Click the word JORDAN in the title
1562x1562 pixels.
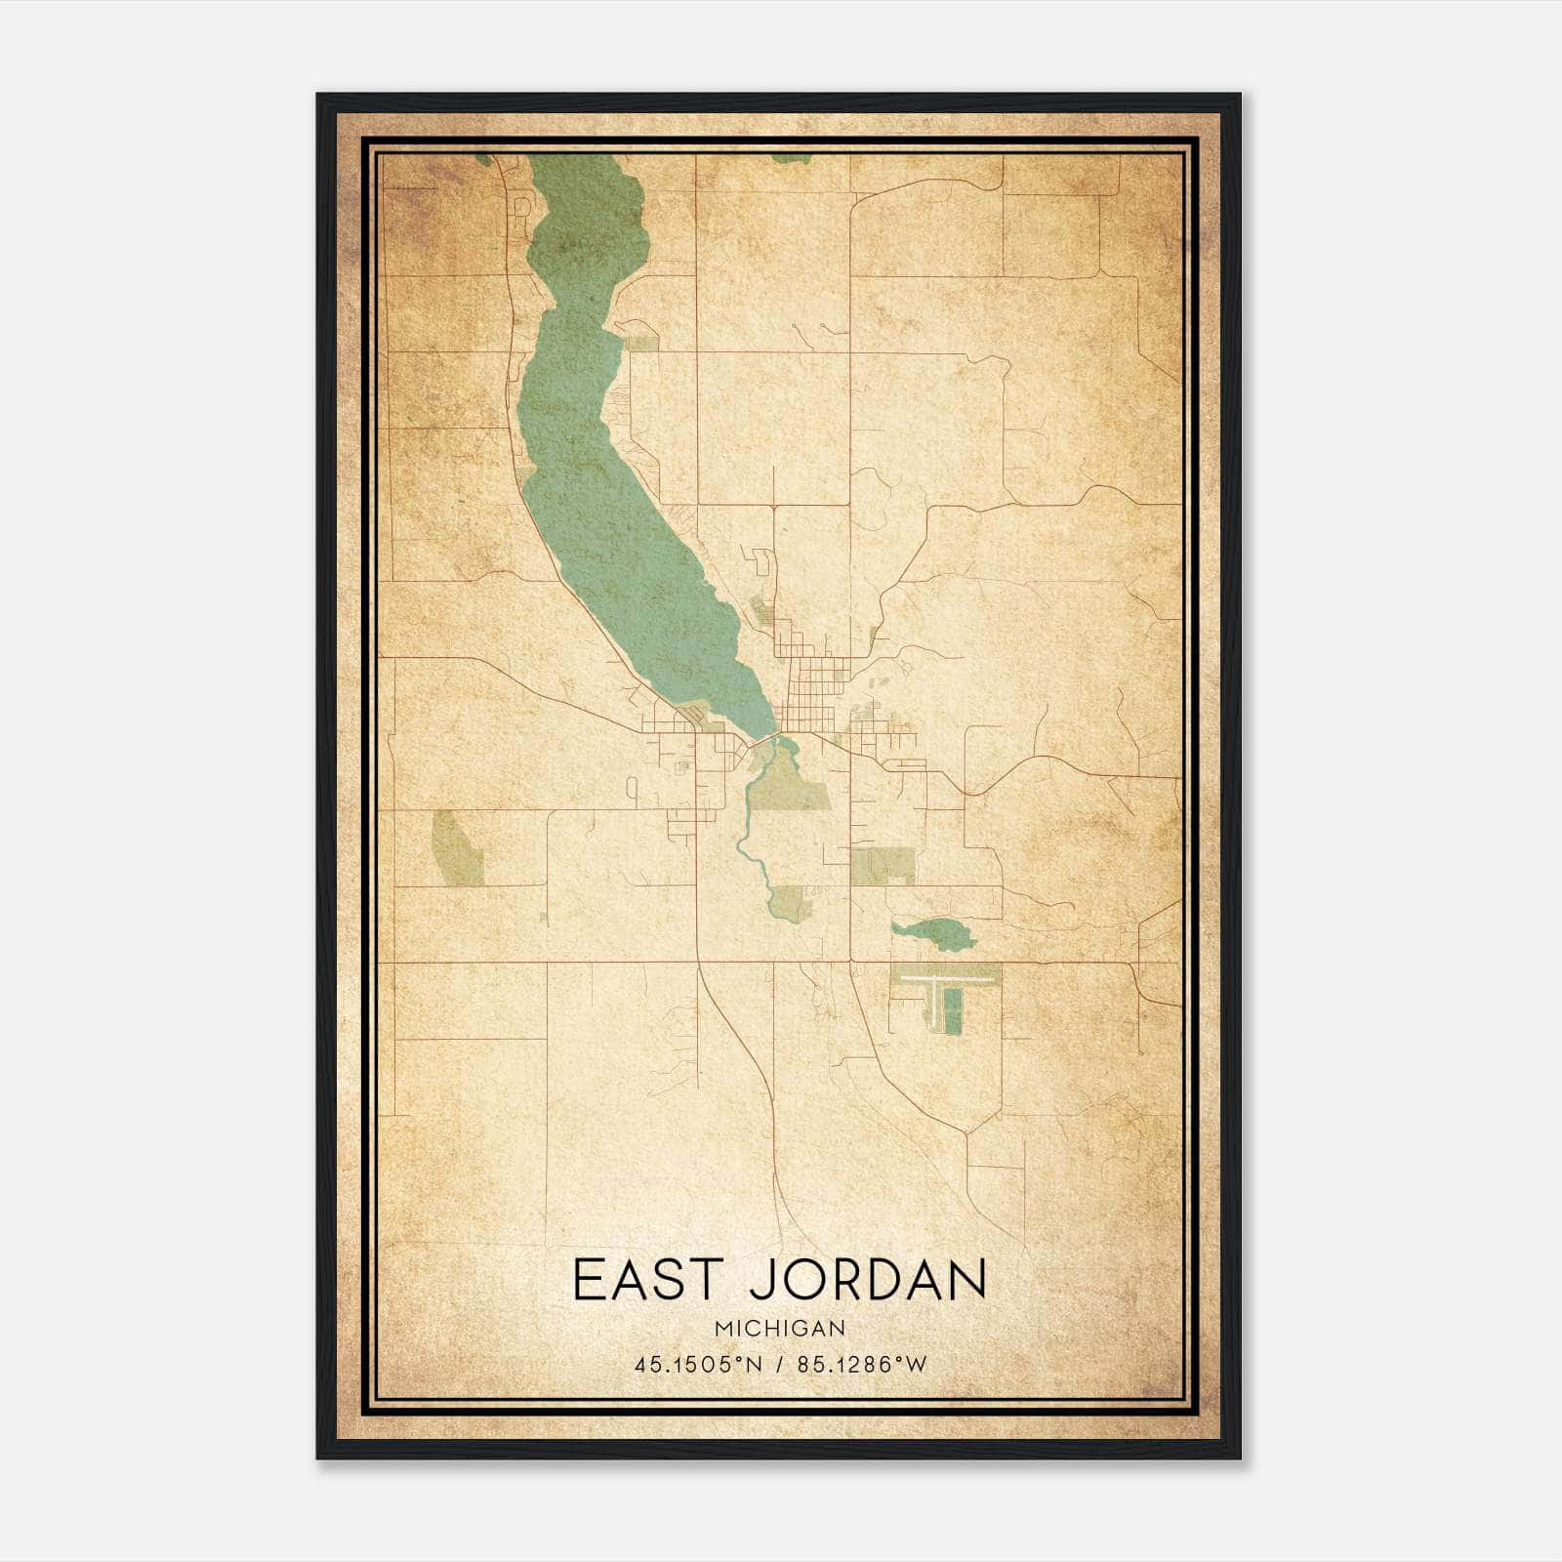coord(868,1280)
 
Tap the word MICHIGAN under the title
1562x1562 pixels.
coord(779,1328)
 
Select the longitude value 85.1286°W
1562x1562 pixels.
coord(861,1366)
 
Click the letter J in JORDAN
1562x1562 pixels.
coord(760,1280)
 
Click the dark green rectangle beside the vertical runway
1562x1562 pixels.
coord(954,1009)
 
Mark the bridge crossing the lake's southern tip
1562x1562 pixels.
coord(776,733)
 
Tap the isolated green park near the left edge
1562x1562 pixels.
coord(456,846)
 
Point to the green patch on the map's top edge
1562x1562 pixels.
coord(785,157)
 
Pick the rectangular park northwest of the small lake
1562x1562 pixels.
coord(883,865)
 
